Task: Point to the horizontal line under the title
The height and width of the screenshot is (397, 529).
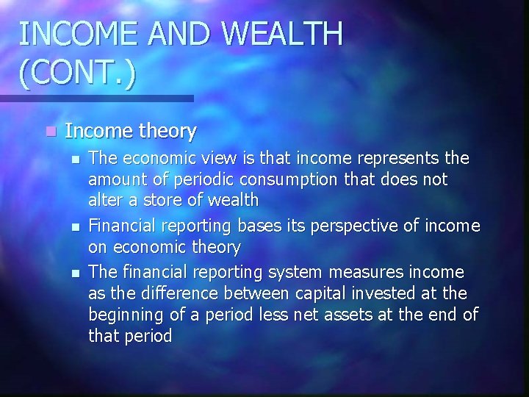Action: [x=96, y=97]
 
